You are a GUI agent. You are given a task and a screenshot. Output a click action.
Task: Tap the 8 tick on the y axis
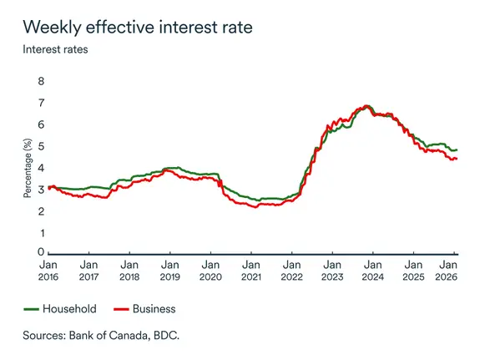40,81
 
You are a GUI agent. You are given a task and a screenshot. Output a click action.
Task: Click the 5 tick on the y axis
40,147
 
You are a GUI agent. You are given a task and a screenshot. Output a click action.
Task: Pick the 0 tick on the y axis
40,251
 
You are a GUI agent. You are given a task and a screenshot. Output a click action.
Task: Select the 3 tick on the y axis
40,190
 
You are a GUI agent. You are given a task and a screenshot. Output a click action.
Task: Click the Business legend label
154,309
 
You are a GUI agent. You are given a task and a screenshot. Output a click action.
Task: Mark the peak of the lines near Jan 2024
366,106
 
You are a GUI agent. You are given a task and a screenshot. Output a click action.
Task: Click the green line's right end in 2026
457,150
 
